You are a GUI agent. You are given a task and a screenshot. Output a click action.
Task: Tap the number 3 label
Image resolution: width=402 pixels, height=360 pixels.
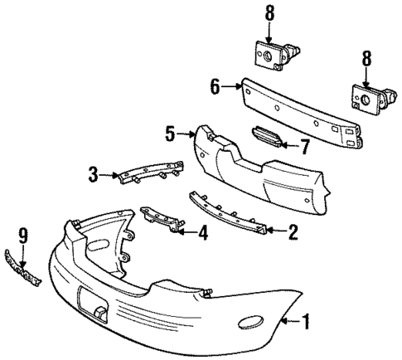[x=94, y=173]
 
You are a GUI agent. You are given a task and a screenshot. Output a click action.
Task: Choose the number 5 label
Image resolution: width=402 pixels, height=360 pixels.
[x=171, y=131]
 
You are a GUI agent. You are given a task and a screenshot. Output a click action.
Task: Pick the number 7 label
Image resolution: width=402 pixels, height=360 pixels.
[x=304, y=147]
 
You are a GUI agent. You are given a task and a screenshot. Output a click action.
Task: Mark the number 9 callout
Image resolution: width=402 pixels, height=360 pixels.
[x=23, y=236]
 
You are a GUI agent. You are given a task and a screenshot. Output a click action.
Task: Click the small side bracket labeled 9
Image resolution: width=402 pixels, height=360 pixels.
[x=22, y=270]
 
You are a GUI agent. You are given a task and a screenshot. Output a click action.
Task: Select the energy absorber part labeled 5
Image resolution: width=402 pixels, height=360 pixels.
[x=257, y=170]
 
